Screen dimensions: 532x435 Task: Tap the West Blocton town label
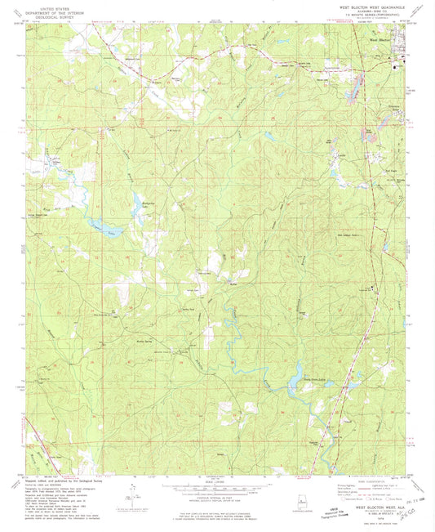tap(380, 38)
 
